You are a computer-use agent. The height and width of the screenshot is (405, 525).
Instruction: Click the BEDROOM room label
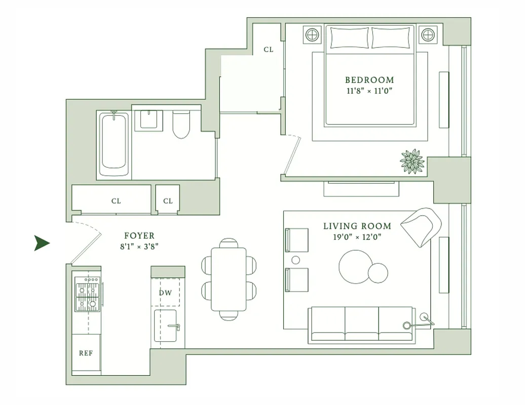point(369,80)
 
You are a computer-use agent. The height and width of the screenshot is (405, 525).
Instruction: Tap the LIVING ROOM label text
point(357,226)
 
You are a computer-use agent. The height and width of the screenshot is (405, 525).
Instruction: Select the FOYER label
point(139,236)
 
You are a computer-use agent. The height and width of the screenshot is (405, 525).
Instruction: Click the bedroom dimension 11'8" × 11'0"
point(369,91)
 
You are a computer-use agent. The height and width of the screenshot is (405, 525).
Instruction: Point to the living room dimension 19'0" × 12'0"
point(357,237)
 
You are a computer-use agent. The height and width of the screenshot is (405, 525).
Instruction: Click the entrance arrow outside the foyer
point(42,243)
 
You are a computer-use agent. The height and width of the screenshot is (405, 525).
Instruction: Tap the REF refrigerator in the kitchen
point(86,353)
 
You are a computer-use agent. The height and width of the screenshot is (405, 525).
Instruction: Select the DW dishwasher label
point(165,293)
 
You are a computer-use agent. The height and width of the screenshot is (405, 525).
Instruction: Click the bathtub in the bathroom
point(114,145)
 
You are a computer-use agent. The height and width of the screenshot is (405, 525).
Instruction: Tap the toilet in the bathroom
point(181,125)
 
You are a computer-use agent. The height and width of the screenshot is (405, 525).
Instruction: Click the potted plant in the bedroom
point(412,161)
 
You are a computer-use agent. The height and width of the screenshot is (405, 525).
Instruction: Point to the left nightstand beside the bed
point(312,35)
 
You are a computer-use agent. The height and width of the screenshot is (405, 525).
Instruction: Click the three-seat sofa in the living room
point(361,324)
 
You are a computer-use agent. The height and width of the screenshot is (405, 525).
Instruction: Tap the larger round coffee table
point(356,267)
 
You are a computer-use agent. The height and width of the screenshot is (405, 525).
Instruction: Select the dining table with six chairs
point(229,279)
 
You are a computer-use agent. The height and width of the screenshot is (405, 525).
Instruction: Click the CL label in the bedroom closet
point(268,50)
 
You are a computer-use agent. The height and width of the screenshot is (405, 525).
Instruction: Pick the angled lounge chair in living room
point(422,226)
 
